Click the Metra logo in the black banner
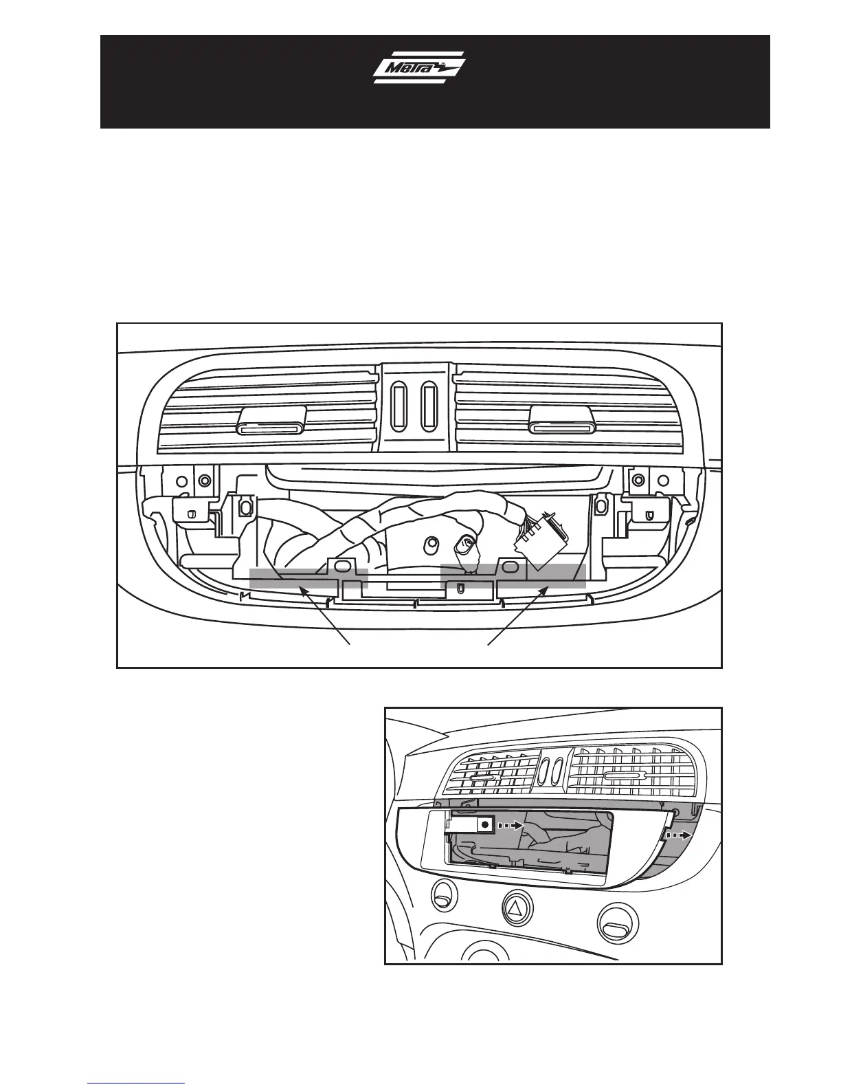coord(419,68)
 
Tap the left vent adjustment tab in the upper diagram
coord(271,421)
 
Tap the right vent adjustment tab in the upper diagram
coord(562,421)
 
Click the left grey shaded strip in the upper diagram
coord(308,578)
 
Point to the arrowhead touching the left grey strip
coord(301,590)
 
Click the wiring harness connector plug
coord(541,544)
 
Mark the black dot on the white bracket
coord(485,824)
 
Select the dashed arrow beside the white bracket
coord(510,825)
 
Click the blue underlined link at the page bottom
coord(136,1083)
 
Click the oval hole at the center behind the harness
coord(430,544)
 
